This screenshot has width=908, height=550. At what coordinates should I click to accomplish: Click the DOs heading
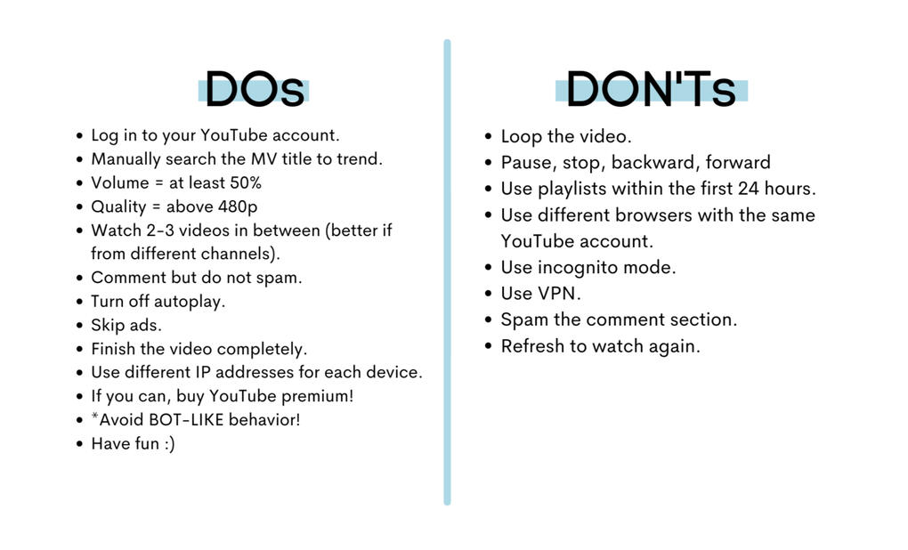pos(255,90)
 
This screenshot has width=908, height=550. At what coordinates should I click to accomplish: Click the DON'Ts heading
pos(651,90)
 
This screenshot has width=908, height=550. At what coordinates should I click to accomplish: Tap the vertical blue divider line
pos(447,272)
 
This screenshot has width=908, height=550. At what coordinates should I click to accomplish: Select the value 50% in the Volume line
pos(246,183)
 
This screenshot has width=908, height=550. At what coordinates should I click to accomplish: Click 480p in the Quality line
pos(238,206)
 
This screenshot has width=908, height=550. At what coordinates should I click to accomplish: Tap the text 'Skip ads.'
pos(126,326)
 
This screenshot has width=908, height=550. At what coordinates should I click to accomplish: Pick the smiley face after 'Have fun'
pos(169,444)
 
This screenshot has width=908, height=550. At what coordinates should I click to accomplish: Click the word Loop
pos(521,137)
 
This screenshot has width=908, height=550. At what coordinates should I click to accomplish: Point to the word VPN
pos(558,294)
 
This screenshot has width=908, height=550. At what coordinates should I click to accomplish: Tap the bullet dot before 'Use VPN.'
pos(488,294)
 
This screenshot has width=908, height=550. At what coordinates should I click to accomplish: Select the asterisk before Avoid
pos(95,417)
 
